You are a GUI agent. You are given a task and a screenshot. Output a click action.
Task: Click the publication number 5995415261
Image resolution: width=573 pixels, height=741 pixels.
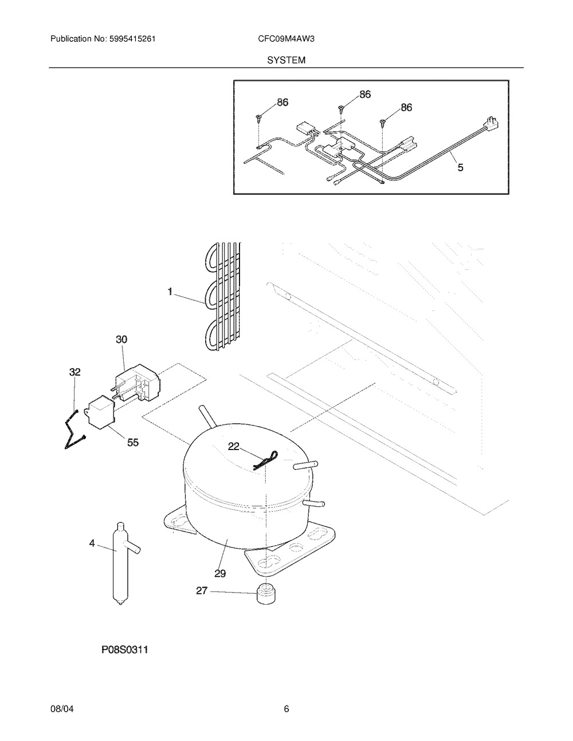click(132, 39)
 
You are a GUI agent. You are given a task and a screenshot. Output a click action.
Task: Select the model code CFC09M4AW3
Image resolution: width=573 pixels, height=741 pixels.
click(286, 39)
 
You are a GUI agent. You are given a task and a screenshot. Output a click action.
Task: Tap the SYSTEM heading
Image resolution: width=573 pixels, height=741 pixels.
click(286, 60)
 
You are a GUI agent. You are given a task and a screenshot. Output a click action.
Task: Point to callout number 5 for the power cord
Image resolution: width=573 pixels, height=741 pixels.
click(461, 167)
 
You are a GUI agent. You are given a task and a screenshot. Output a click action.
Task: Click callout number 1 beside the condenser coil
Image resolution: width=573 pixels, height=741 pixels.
click(170, 291)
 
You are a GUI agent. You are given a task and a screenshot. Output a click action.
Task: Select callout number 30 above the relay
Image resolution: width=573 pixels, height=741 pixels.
click(121, 340)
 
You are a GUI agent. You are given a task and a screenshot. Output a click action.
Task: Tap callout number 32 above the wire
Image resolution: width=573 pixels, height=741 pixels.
click(74, 372)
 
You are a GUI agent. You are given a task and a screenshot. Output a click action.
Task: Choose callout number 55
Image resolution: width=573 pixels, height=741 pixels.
click(133, 443)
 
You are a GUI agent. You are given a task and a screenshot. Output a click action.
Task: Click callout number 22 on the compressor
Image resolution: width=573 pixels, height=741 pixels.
click(234, 446)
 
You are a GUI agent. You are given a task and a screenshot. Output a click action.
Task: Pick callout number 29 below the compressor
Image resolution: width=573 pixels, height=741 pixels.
click(220, 574)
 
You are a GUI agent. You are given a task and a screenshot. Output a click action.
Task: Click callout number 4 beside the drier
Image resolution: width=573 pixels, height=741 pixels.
click(92, 543)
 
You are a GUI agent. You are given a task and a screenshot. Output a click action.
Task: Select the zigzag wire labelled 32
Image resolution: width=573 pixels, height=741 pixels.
click(75, 429)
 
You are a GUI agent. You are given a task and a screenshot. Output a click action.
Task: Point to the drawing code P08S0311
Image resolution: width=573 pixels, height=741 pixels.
click(125, 650)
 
